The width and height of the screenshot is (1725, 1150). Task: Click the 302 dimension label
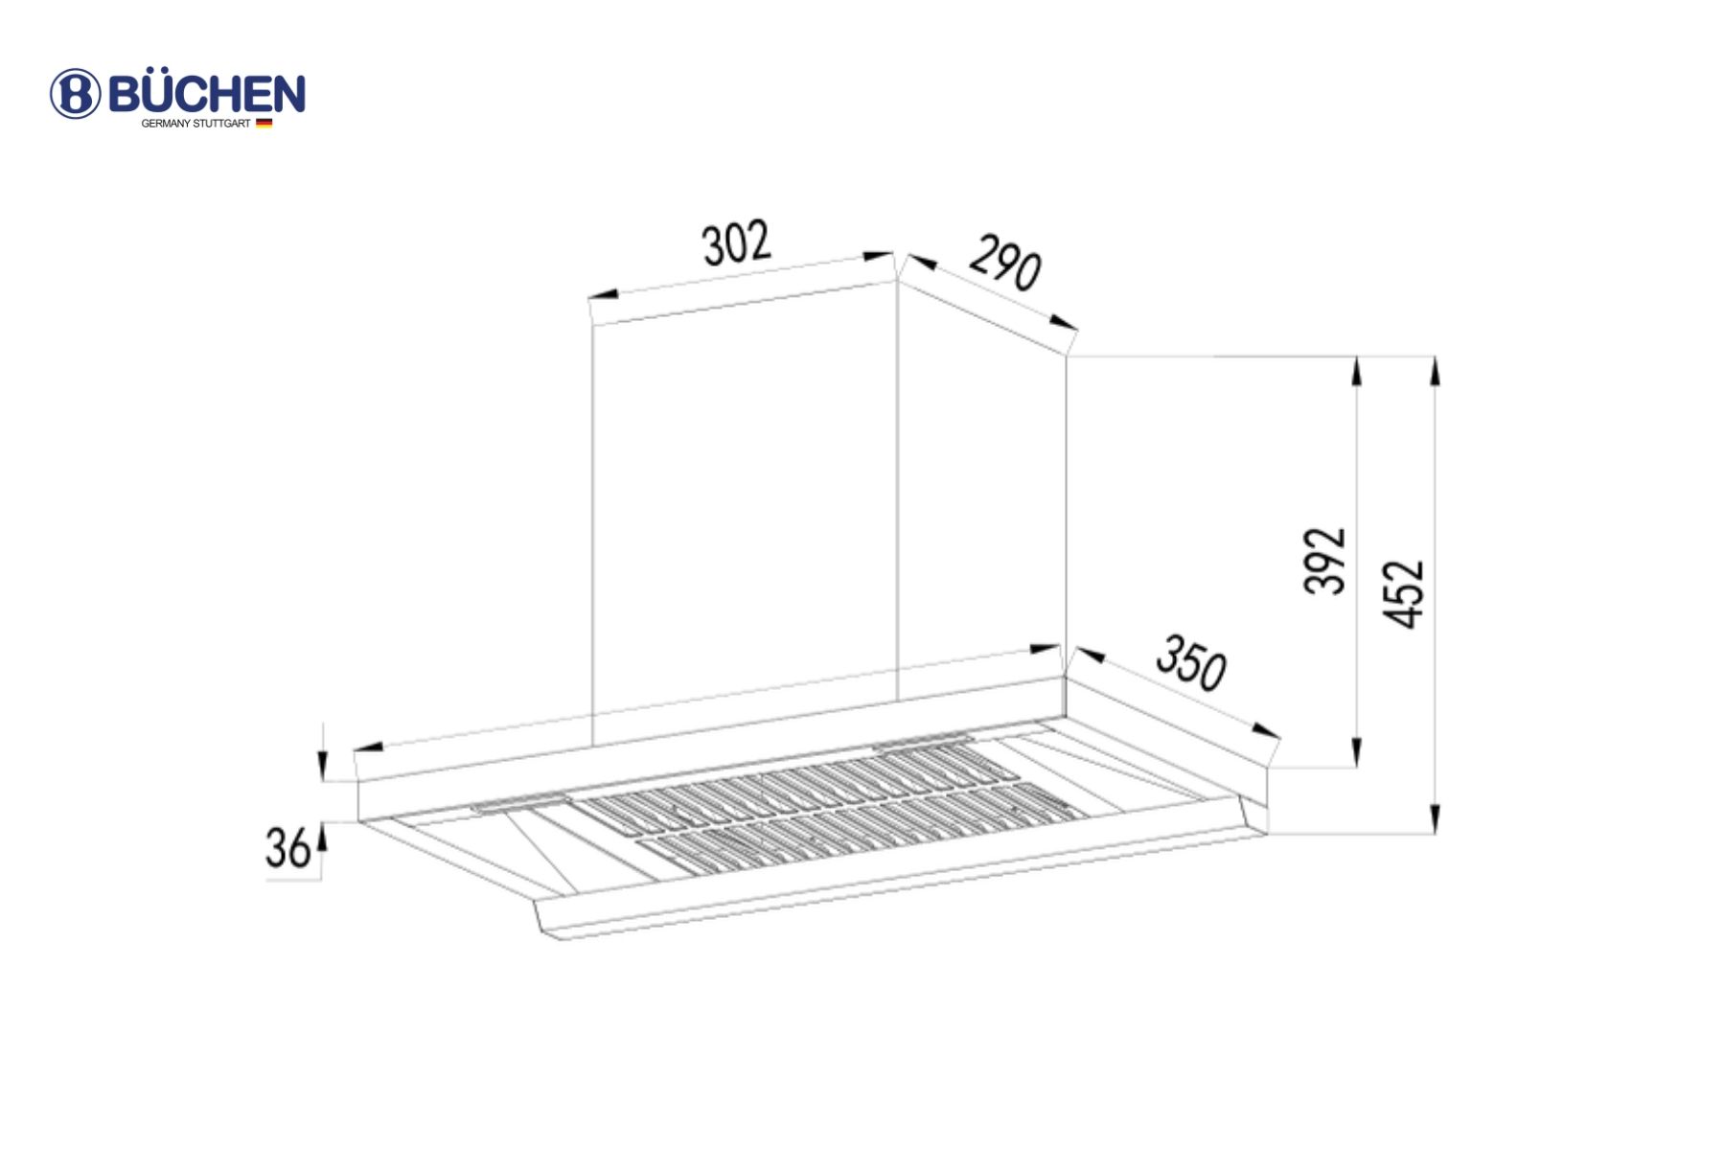[x=737, y=243]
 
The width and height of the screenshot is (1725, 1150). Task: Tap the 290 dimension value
[x=1004, y=263]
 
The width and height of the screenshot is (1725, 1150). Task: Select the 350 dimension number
[x=1191, y=662]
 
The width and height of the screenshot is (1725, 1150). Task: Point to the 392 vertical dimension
[x=1325, y=561]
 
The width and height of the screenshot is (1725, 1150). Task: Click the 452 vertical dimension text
[x=1404, y=594]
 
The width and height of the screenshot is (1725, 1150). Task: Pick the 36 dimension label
[x=287, y=849]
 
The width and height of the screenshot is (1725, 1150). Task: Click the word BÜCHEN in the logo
[x=207, y=94]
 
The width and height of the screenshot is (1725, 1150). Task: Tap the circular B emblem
[x=75, y=94]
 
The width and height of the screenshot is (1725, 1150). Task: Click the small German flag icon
[x=264, y=123]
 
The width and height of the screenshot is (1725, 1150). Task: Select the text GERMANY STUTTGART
[x=195, y=124]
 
